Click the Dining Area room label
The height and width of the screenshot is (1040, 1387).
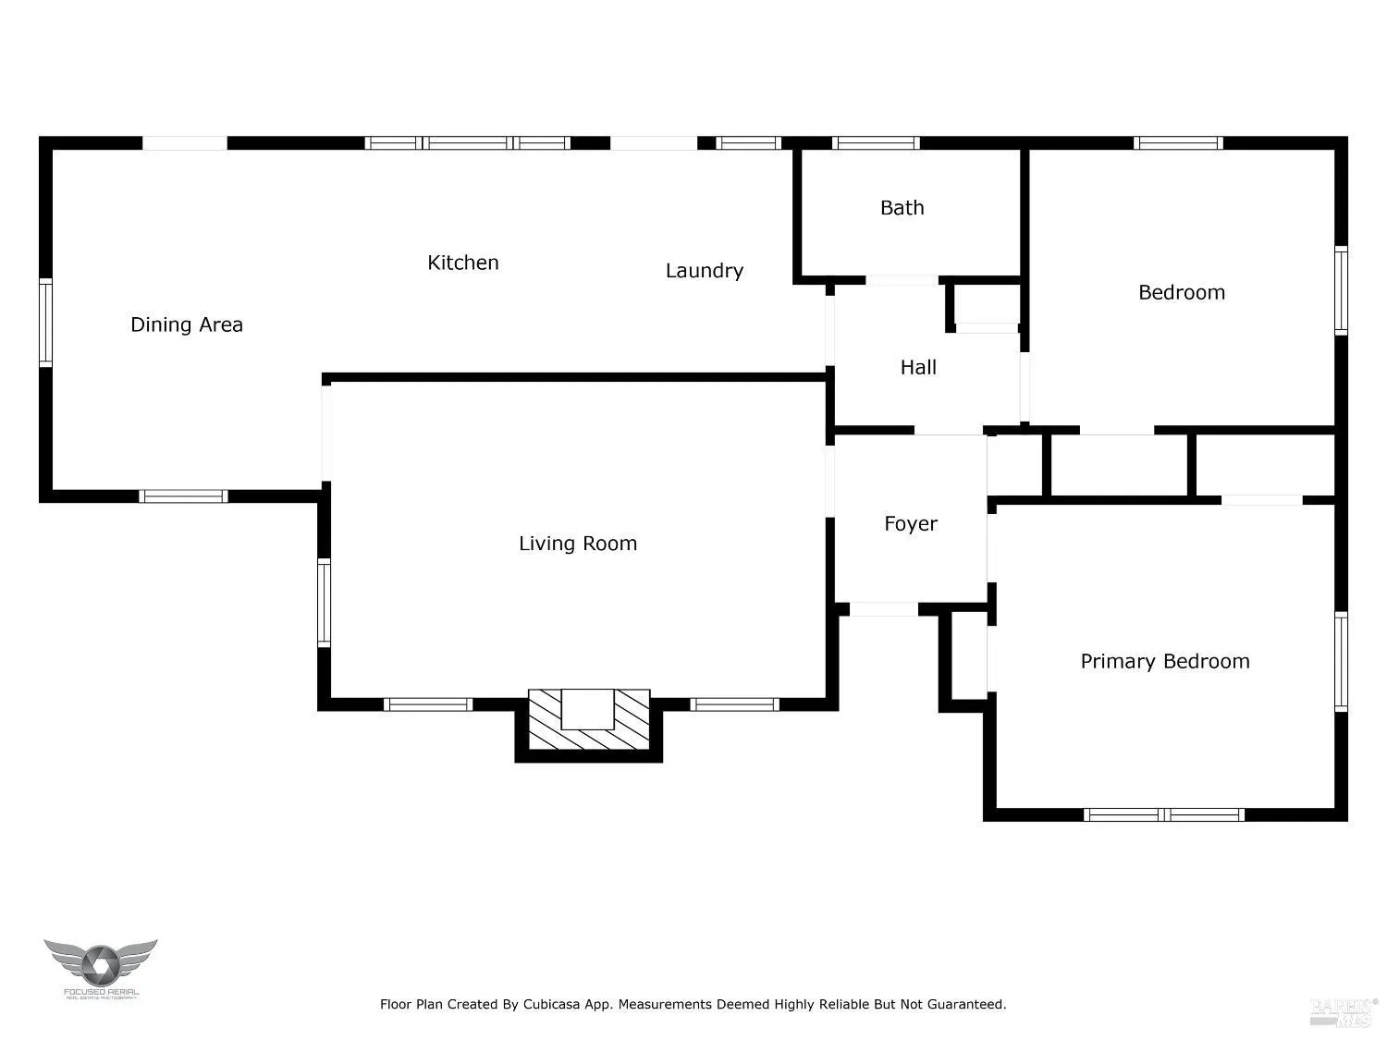click(x=186, y=324)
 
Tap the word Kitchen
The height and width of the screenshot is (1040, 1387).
click(x=462, y=263)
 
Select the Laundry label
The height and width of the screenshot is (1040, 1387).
click(x=704, y=271)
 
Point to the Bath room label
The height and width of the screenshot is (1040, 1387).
click(x=902, y=208)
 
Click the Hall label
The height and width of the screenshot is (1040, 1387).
click(x=918, y=368)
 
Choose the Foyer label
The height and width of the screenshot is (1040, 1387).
click(x=911, y=524)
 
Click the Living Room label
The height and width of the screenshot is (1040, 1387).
click(x=577, y=544)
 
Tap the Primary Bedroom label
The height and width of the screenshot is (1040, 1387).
click(x=1164, y=661)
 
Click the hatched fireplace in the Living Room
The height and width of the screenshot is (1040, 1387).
click(x=589, y=721)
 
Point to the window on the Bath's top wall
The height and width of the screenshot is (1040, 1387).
click(x=875, y=143)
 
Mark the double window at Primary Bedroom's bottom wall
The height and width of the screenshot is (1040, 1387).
click(x=1163, y=814)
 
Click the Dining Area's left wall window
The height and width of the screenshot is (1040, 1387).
click(x=45, y=324)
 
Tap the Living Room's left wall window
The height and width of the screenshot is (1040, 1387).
click(x=324, y=603)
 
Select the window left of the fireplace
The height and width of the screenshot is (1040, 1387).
click(x=428, y=704)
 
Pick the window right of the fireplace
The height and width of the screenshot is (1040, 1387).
click(x=735, y=704)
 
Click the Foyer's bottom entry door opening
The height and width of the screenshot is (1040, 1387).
click(x=883, y=609)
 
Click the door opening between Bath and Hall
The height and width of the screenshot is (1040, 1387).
click(x=902, y=280)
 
